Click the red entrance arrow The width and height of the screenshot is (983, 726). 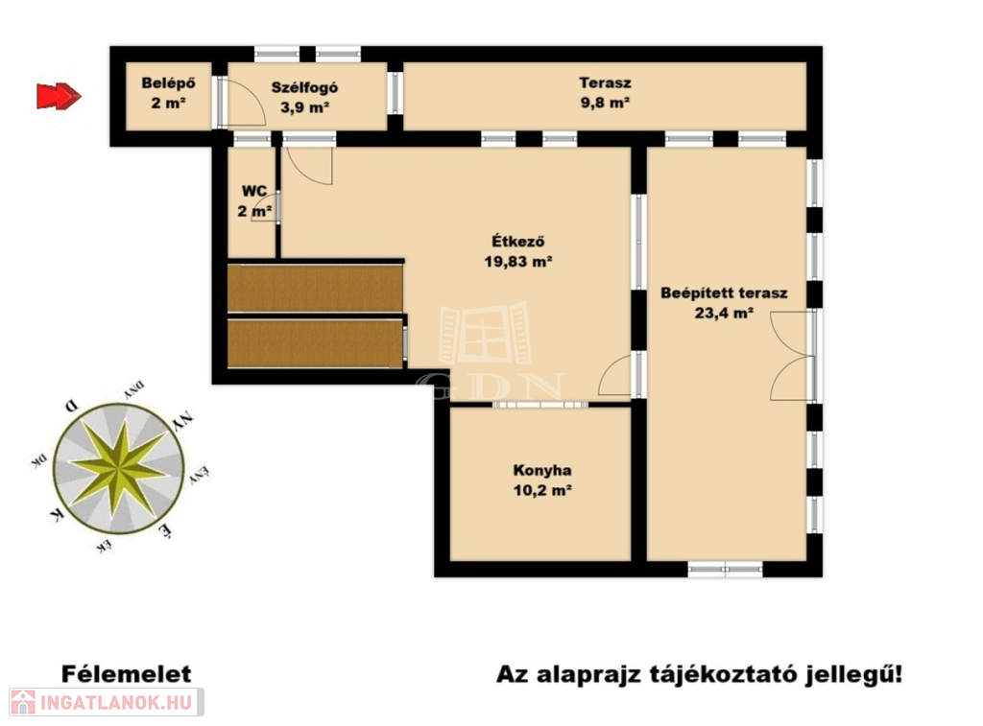[59, 97]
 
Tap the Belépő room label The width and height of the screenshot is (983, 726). [168, 83]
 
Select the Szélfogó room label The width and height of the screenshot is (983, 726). [304, 87]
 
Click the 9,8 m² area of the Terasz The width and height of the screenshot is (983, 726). [605, 103]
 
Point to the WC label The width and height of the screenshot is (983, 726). [253, 191]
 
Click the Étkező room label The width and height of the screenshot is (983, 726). [517, 241]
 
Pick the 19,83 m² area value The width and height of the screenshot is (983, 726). [517, 262]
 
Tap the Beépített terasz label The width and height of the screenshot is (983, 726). [724, 293]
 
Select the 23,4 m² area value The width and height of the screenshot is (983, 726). [724, 314]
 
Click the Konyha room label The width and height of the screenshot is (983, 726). [542, 471]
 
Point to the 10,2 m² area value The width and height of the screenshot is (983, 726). [542, 490]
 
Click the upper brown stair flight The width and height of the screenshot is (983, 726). [315, 288]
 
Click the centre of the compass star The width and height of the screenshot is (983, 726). [118, 468]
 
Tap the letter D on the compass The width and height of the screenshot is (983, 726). [73, 406]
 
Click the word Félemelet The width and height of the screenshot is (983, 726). [126, 674]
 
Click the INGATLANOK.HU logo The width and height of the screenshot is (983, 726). [107, 702]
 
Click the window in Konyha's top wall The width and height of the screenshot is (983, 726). [539, 405]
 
